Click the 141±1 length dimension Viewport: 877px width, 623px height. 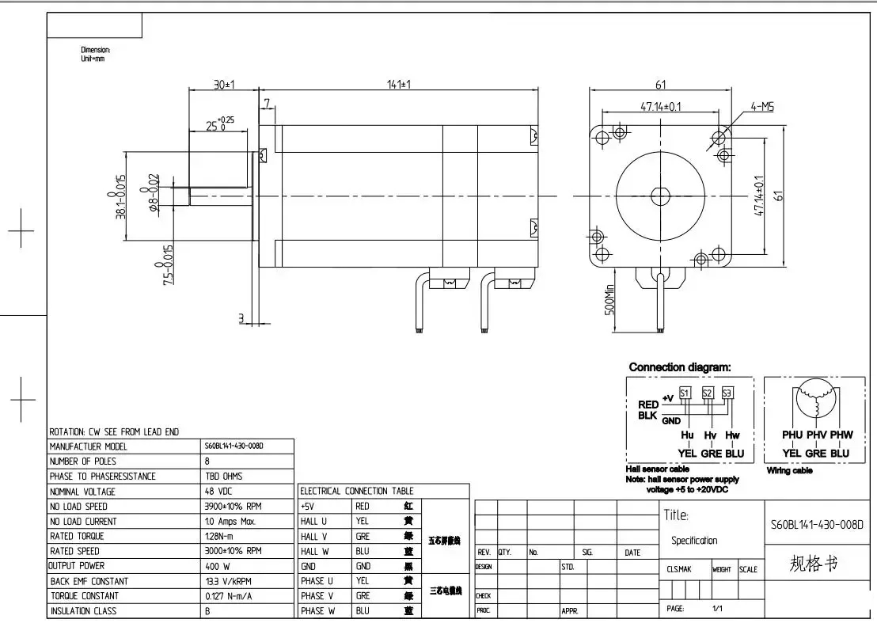point(404,84)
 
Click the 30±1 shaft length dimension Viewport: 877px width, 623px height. point(226,84)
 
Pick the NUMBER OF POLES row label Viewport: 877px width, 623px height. point(82,462)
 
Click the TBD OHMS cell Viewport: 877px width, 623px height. point(223,477)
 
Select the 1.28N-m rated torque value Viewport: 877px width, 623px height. point(221,536)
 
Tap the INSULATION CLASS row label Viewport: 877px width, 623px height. point(82,611)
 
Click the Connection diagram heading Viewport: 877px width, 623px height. point(679,367)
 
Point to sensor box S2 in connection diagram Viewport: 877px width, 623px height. point(708,393)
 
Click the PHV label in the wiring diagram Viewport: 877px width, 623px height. point(816,435)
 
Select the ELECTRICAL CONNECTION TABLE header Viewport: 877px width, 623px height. point(356,491)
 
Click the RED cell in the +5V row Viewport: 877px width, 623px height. point(363,506)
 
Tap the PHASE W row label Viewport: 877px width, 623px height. point(318,611)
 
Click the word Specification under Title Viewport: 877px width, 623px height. point(694,541)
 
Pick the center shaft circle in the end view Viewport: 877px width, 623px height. point(659,196)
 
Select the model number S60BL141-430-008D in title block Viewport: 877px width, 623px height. point(816,524)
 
